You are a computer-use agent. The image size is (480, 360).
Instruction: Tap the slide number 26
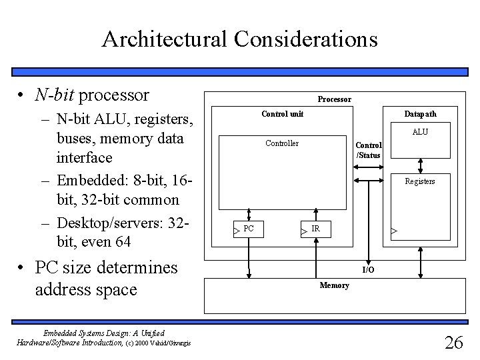click(454, 343)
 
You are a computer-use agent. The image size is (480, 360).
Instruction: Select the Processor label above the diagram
click(334, 99)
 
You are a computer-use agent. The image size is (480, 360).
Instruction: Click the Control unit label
click(282, 114)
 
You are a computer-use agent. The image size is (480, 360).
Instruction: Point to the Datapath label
click(420, 114)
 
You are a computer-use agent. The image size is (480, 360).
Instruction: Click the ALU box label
click(420, 132)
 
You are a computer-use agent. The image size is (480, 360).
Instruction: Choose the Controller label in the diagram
click(282, 143)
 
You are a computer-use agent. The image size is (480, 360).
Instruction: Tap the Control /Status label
click(369, 150)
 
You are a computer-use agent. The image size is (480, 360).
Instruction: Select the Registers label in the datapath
click(420, 181)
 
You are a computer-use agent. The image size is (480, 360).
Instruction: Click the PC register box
click(248, 229)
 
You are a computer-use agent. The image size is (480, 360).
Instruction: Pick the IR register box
click(315, 229)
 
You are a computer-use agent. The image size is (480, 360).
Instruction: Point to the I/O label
click(368, 269)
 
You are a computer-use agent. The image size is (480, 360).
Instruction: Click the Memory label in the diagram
click(334, 285)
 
